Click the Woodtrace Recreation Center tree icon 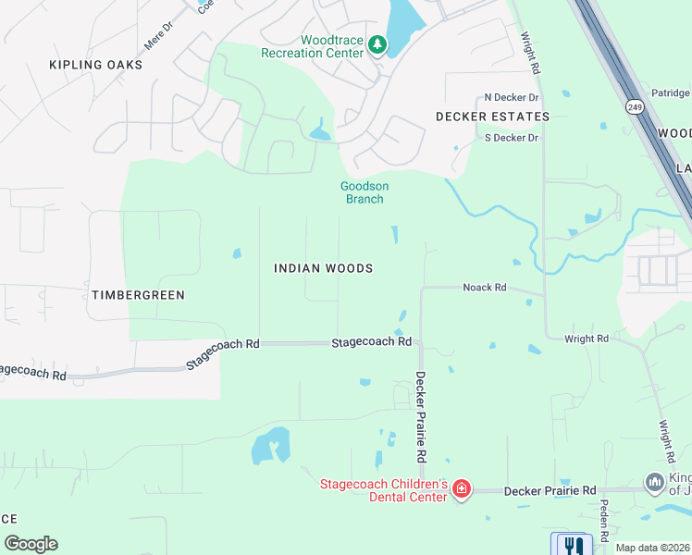(377, 44)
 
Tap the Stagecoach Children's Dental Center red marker (461, 489)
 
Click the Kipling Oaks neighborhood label (97, 65)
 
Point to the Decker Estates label (493, 117)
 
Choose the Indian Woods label (324, 268)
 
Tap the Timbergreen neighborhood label (138, 295)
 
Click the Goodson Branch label (365, 192)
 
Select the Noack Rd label (485, 288)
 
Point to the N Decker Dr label (512, 97)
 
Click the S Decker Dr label (511, 138)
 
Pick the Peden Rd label (603, 520)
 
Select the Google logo (31, 544)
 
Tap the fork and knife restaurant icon (572, 545)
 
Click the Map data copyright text (653, 548)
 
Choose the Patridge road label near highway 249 (671, 93)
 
